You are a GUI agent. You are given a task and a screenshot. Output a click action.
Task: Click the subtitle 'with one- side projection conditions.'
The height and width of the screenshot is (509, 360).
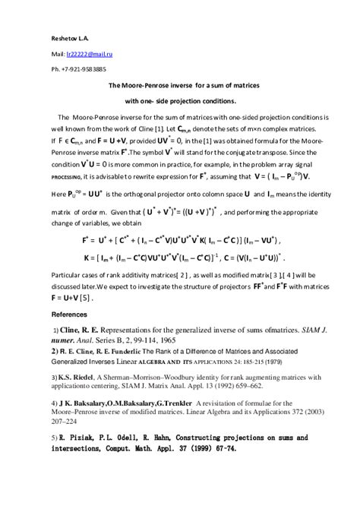coord(180,101)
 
